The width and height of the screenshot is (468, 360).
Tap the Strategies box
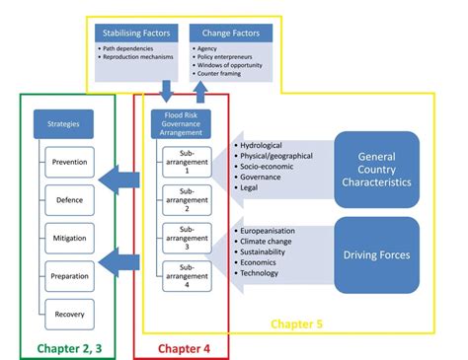56,124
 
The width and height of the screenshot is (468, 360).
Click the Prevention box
69,163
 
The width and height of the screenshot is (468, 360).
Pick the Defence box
69,200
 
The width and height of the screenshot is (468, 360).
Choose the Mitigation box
69,238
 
